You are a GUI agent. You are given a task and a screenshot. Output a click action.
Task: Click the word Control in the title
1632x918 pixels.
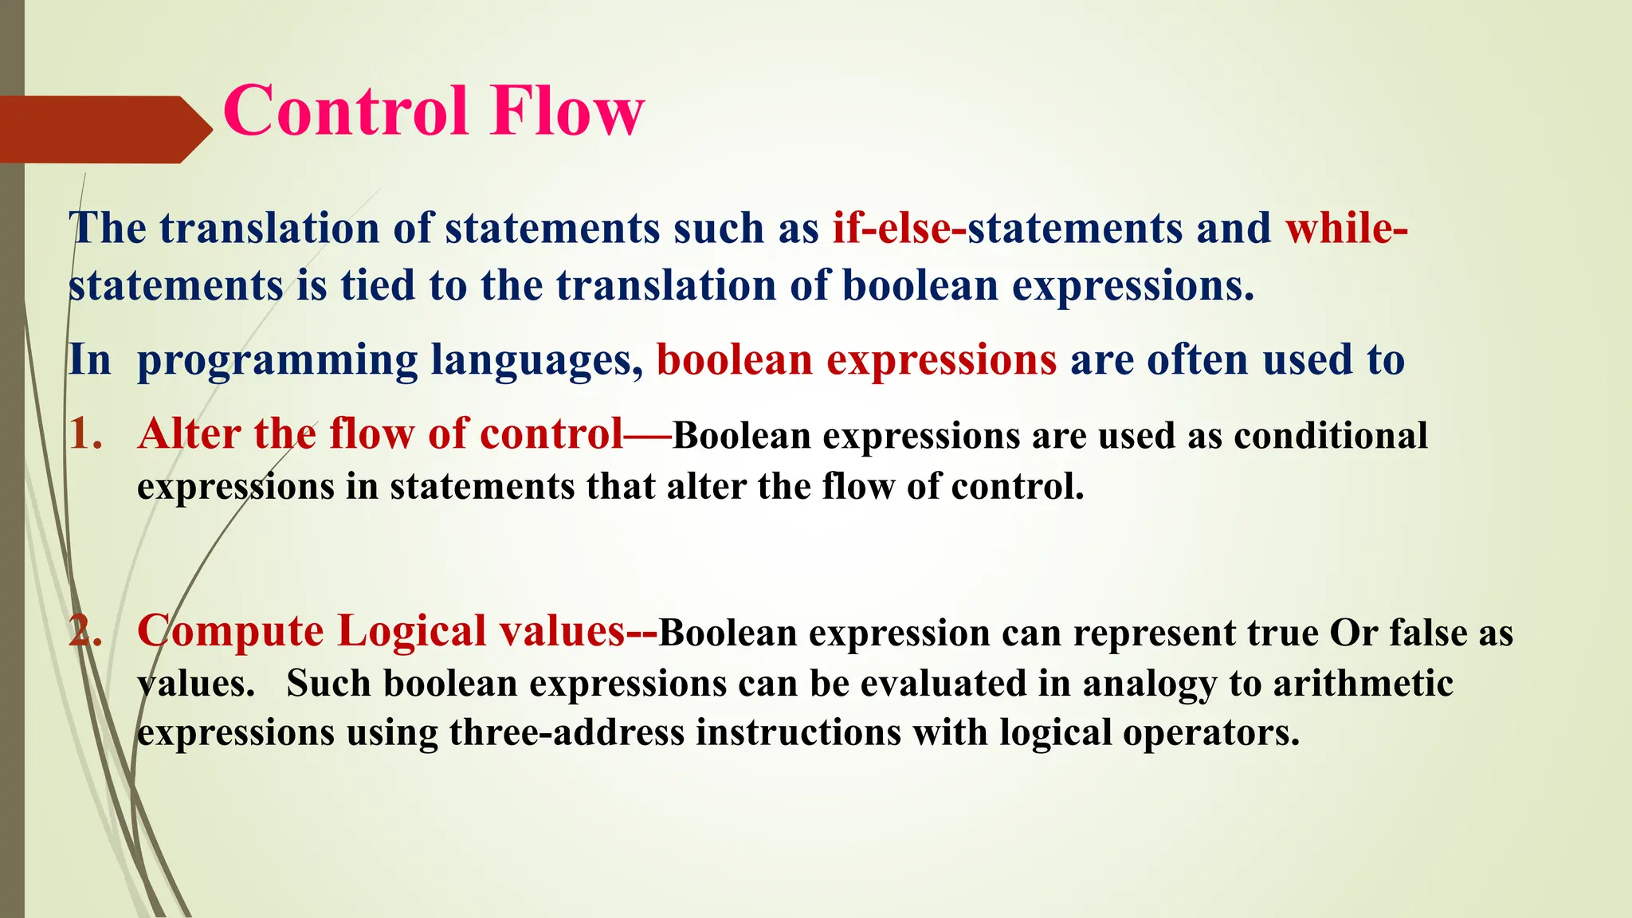[x=345, y=112]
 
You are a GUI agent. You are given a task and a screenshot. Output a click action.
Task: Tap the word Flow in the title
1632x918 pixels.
[x=567, y=112]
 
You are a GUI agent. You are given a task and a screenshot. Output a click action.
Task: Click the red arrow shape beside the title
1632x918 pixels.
[x=104, y=129]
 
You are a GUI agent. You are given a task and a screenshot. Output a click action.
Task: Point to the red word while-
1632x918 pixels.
[x=1346, y=229]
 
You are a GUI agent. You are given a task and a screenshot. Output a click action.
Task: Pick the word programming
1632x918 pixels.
[x=277, y=360]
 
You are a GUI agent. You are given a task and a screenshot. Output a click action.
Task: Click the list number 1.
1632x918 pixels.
[x=85, y=435]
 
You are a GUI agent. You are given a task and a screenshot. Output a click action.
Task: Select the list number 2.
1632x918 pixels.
[x=85, y=632]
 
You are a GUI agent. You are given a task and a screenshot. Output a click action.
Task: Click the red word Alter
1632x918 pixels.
[x=189, y=435]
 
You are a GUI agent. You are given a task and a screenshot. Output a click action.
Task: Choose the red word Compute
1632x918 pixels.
[x=230, y=632]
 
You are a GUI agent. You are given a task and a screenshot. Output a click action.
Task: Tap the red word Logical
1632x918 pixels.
[x=412, y=632]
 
